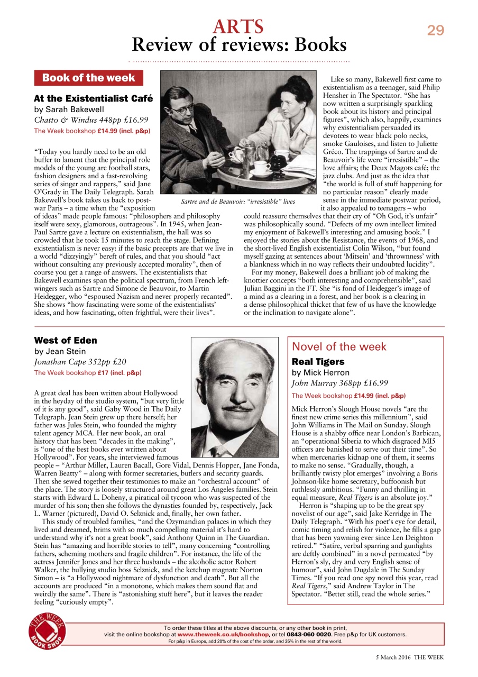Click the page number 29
pyautogui.click(x=435, y=30)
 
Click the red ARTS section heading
pyautogui.click(x=238, y=26)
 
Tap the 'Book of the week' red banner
pyautogui.click(x=88, y=78)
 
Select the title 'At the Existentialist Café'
pyautogui.click(x=93, y=98)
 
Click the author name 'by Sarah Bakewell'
pyautogui.click(x=69, y=109)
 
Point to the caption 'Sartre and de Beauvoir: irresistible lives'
pyautogui.click(x=237, y=202)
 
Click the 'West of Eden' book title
pyautogui.click(x=66, y=340)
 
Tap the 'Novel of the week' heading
pyautogui.click(x=339, y=347)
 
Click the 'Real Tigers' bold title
pyautogui.click(x=318, y=362)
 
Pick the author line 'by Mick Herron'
pyautogui.click(x=320, y=372)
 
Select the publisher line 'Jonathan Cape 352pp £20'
pyautogui.click(x=80, y=362)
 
